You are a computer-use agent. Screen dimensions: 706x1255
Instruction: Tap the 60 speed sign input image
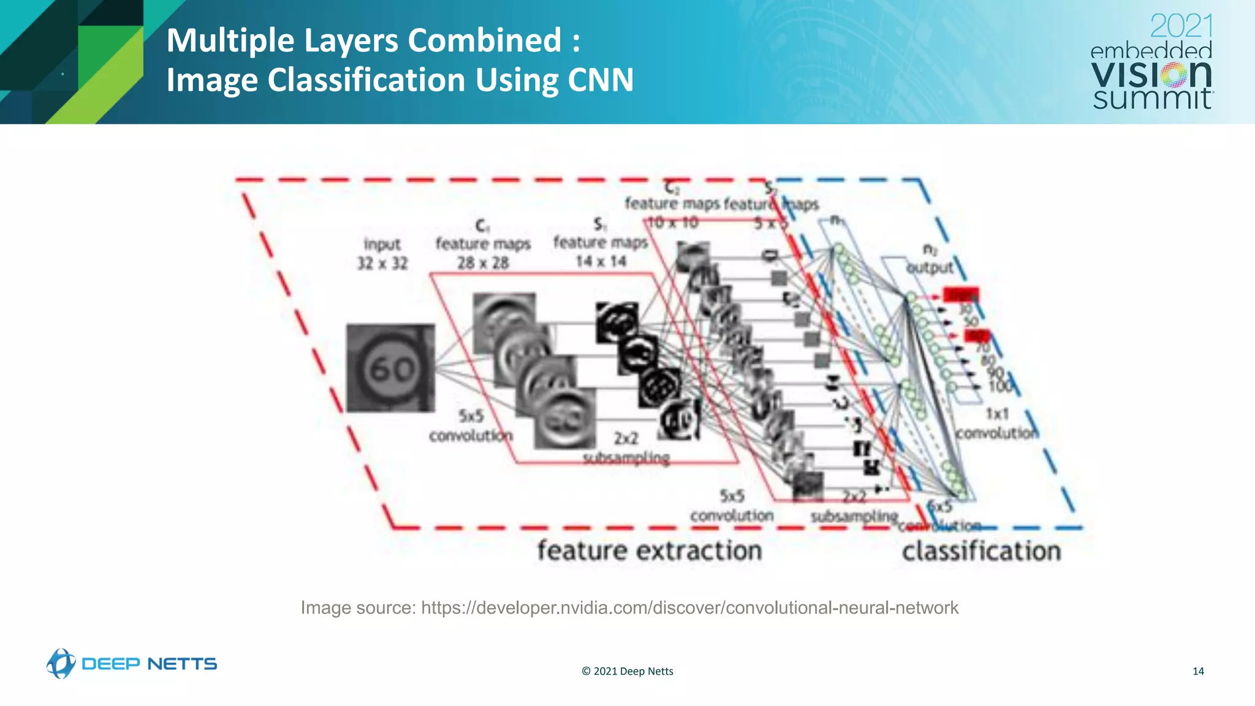click(x=390, y=368)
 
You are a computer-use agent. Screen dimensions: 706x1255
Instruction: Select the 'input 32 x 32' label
click(x=382, y=254)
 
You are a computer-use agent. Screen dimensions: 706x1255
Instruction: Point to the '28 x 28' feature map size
click(x=483, y=263)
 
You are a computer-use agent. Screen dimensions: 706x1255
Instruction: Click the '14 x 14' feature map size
click(x=601, y=262)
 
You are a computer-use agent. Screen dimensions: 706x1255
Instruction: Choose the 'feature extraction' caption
click(x=650, y=550)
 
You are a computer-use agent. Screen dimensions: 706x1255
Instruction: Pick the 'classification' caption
click(x=981, y=551)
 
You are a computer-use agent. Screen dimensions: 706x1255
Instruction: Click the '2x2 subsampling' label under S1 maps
click(x=626, y=448)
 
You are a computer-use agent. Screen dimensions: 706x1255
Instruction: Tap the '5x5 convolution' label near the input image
click(x=471, y=426)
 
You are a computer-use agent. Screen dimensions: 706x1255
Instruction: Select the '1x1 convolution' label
click(x=997, y=423)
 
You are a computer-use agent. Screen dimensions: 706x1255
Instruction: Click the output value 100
click(x=1001, y=386)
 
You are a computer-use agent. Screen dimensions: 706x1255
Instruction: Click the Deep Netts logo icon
click(x=61, y=664)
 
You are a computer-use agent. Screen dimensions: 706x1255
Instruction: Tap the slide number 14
click(x=1198, y=671)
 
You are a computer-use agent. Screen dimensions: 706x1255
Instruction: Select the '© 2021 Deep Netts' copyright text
click(x=627, y=671)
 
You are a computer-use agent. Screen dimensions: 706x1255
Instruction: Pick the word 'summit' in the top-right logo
click(x=1152, y=99)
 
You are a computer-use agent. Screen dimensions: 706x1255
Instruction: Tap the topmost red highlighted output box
click(x=960, y=295)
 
